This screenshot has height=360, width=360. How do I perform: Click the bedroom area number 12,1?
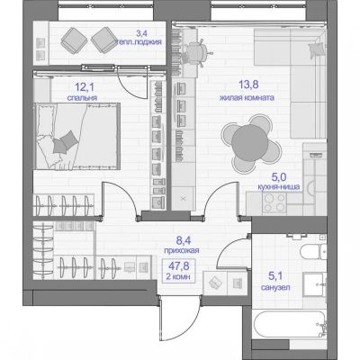tap(85, 87)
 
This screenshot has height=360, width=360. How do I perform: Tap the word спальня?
tap(82, 98)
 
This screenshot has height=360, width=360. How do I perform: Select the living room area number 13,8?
tap(248, 85)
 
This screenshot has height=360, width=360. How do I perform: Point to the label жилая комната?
tap(247, 98)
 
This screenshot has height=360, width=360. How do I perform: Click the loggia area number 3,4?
tap(141, 32)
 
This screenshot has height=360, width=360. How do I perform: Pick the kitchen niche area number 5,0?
tap(279, 177)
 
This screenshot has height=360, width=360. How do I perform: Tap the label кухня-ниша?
tap(279, 187)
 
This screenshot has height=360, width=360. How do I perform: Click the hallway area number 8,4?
tap(184, 240)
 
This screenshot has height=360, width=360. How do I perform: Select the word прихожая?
tap(182, 250)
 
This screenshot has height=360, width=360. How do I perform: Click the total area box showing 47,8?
tap(179, 270)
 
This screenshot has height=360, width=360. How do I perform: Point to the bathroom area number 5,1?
tap(275, 275)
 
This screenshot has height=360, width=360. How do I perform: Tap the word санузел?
tap(275, 287)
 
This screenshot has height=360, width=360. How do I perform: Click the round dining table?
tap(250, 143)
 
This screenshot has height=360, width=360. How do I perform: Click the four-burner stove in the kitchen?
tap(274, 202)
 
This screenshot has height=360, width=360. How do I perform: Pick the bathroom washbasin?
tap(314, 284)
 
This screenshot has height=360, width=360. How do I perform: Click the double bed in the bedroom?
tap(78, 137)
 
